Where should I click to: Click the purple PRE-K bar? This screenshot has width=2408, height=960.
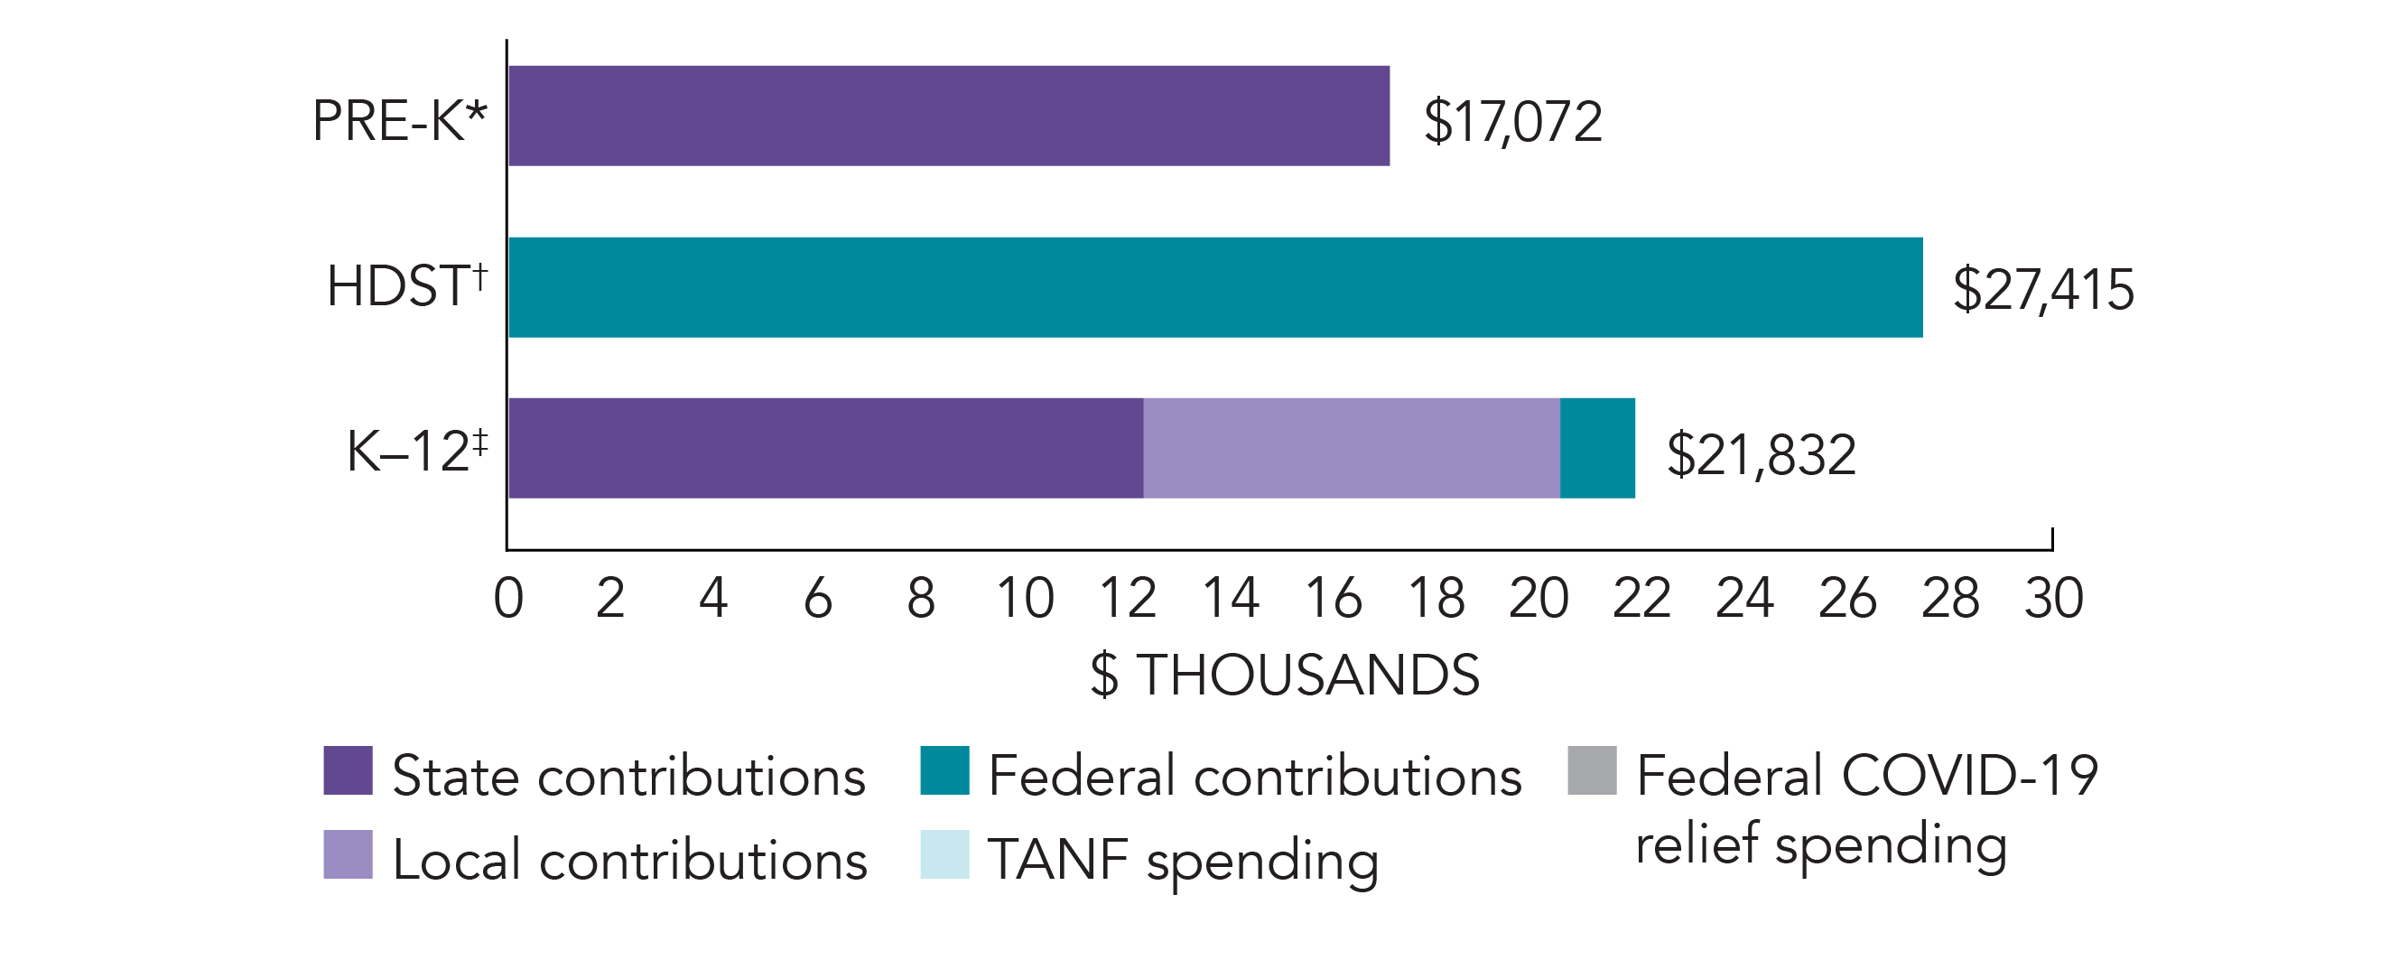pos(948,116)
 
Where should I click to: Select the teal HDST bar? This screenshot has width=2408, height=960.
pos(1215,287)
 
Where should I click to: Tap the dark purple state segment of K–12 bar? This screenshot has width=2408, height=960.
pos(825,448)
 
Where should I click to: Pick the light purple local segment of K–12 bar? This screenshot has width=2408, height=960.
pos(1351,448)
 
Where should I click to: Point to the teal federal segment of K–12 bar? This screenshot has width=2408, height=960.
pos(1596,448)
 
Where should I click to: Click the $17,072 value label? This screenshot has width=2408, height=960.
pos(1511,122)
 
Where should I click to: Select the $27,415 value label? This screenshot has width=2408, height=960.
pos(2042,289)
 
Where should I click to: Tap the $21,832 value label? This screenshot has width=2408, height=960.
pos(1761,455)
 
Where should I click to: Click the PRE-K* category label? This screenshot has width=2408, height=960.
pos(399,121)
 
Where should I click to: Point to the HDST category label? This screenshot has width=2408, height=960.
pos(405,285)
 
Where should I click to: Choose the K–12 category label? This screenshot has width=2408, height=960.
pos(416,451)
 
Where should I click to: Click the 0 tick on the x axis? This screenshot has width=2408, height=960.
pos(508,598)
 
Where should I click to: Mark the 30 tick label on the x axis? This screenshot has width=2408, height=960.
pos(2053,598)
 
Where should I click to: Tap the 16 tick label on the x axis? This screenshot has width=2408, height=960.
pos(1333,598)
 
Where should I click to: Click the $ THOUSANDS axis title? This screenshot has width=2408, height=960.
pos(1285,675)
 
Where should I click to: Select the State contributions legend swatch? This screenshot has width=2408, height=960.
pos(348,770)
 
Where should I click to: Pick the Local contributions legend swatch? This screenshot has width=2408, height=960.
pos(348,854)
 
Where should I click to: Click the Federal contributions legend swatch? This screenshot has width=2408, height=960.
pos(944,770)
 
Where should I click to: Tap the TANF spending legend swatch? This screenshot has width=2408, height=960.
pos(944,854)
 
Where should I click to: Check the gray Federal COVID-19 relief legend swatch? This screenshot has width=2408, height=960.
pos(1592,770)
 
